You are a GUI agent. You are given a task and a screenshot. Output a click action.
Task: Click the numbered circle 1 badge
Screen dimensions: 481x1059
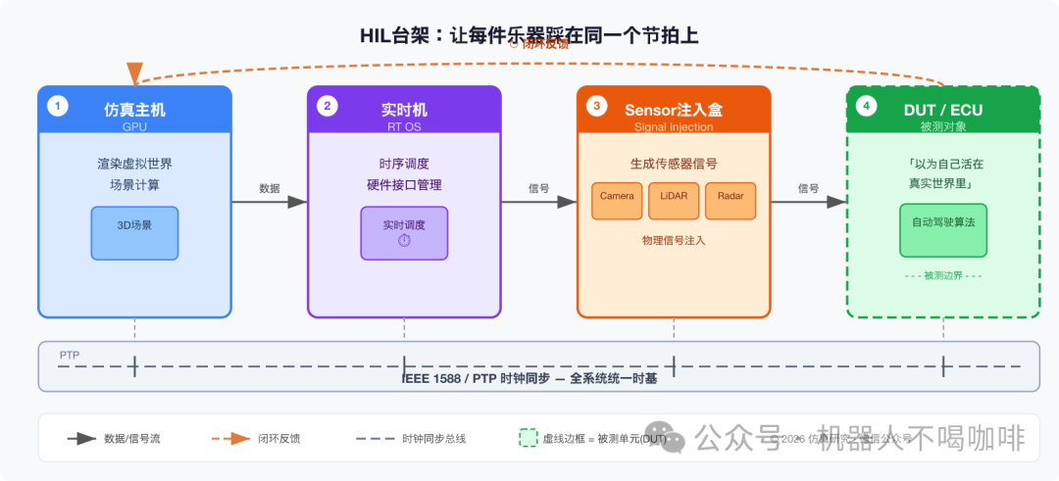pos(58,106)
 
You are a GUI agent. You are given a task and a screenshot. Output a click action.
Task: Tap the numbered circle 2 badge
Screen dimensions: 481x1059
pos(328,106)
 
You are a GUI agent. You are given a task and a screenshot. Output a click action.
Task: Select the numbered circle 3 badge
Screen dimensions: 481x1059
pos(597,106)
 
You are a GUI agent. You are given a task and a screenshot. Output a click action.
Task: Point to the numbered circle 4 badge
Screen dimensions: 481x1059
pos(867,106)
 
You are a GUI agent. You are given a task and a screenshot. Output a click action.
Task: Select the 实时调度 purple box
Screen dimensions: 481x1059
pos(404,232)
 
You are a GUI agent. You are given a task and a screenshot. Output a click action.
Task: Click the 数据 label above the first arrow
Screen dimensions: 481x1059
pos(269,188)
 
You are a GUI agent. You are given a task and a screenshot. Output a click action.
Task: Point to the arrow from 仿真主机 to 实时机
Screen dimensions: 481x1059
pos(270,202)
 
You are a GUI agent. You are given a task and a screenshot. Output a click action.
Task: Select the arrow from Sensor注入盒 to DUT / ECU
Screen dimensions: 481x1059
pos(808,202)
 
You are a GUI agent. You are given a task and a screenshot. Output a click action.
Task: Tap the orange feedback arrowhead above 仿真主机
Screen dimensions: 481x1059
pos(134,73)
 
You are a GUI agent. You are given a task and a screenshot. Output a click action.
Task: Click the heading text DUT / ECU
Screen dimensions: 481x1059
pos(942,110)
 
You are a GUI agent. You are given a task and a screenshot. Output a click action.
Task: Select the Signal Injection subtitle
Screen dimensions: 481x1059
pos(674,126)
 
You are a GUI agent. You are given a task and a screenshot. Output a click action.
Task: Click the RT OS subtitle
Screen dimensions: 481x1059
pos(404,126)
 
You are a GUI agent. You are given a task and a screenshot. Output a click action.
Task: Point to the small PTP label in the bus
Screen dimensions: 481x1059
pos(70,355)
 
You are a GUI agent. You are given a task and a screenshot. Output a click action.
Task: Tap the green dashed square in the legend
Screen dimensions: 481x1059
pos(528,438)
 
